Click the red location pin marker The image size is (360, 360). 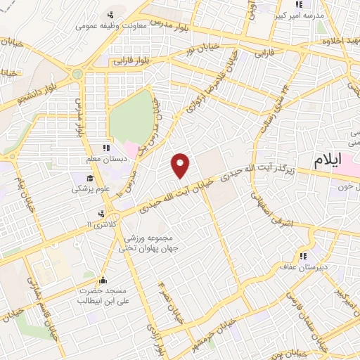click(x=181, y=165)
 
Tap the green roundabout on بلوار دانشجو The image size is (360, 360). click(x=77, y=73)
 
